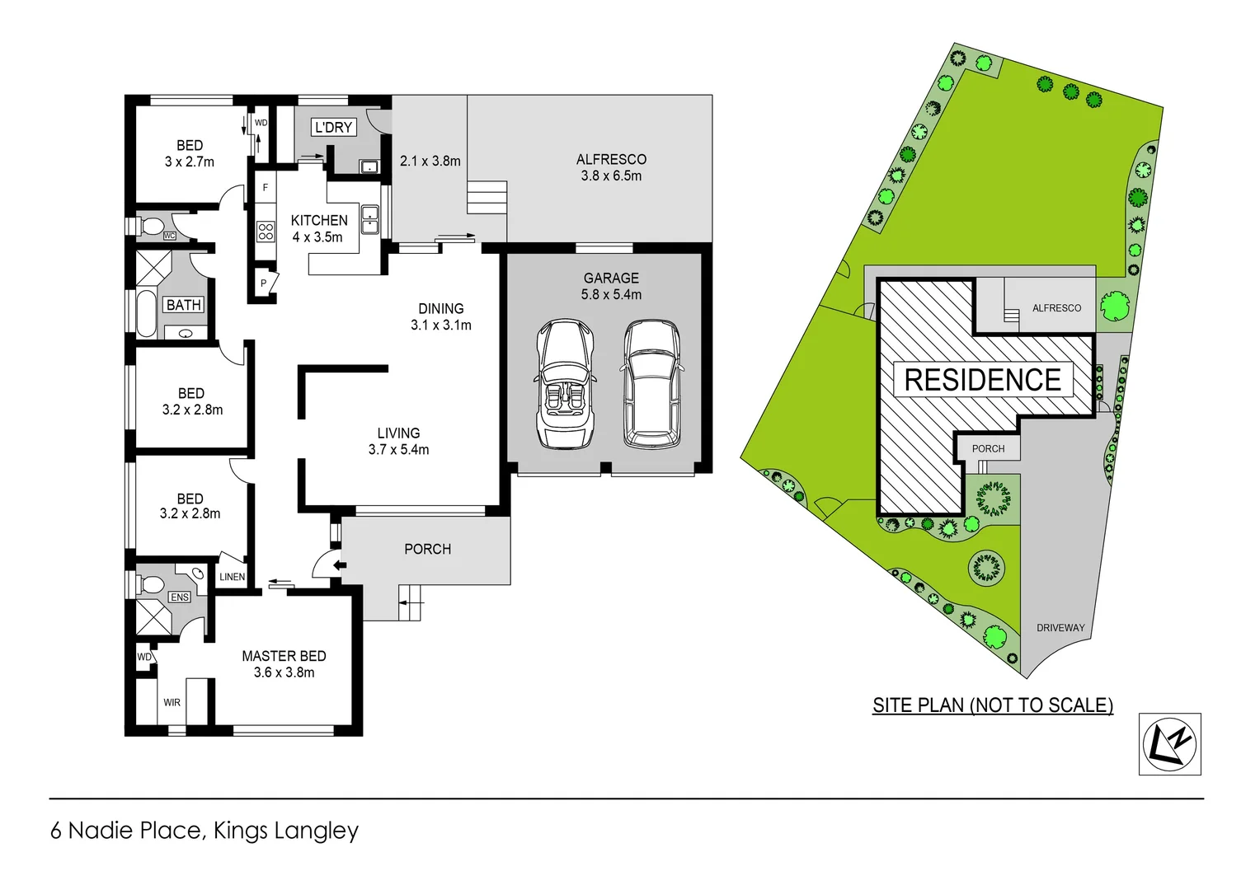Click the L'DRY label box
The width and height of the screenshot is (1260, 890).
point(333,127)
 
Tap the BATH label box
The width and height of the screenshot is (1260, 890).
point(184,305)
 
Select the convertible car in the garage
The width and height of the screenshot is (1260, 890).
point(565,384)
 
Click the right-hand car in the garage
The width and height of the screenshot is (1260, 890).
point(651,384)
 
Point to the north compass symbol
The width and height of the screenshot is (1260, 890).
point(1169,744)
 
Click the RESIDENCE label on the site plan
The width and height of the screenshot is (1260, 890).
point(982,380)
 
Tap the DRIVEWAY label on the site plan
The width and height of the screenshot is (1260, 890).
point(1060,628)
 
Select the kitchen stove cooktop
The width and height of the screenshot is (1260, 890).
point(266,231)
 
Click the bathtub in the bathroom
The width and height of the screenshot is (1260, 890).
point(146,312)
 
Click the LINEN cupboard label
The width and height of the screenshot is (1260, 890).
point(232,577)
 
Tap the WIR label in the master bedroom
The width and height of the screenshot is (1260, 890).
point(172,703)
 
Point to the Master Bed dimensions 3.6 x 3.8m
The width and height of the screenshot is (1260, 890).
point(284,672)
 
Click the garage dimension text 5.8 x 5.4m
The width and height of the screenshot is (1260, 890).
point(611,294)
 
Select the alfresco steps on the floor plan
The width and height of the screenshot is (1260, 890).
point(487,198)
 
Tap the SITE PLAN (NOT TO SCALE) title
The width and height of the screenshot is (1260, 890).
point(993,705)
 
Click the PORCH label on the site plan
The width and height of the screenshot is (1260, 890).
point(988,449)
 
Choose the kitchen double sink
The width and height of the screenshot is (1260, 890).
point(369,220)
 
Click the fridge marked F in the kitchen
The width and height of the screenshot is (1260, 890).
point(265,188)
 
